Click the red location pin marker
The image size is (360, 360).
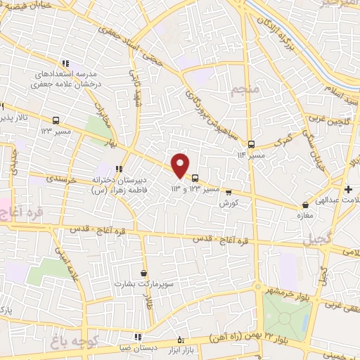181,165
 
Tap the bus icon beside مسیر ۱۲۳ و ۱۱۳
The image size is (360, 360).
195,178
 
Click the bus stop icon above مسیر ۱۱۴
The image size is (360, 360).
251,144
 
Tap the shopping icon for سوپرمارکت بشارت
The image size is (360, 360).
143,273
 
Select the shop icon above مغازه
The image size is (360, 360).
304,205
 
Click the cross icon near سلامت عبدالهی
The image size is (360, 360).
349,189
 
